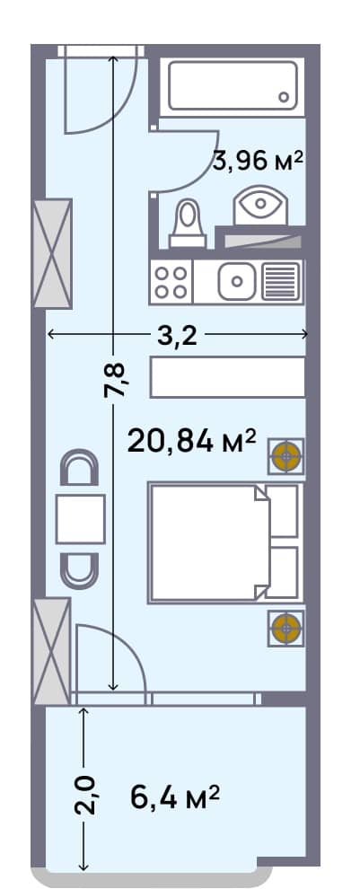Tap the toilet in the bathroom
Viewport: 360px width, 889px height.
click(x=187, y=222)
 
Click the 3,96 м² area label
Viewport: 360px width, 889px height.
click(x=258, y=162)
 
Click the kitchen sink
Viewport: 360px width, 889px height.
click(x=237, y=282)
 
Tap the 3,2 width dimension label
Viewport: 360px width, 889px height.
click(x=177, y=335)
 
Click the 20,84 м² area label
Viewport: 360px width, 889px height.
click(x=192, y=441)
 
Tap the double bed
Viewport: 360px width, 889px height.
click(x=211, y=542)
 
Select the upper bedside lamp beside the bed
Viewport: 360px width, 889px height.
click(x=286, y=456)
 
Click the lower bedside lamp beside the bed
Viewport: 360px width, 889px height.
click(x=286, y=627)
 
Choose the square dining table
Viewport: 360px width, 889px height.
click(x=81, y=519)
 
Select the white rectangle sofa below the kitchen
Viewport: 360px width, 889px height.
click(x=228, y=377)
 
